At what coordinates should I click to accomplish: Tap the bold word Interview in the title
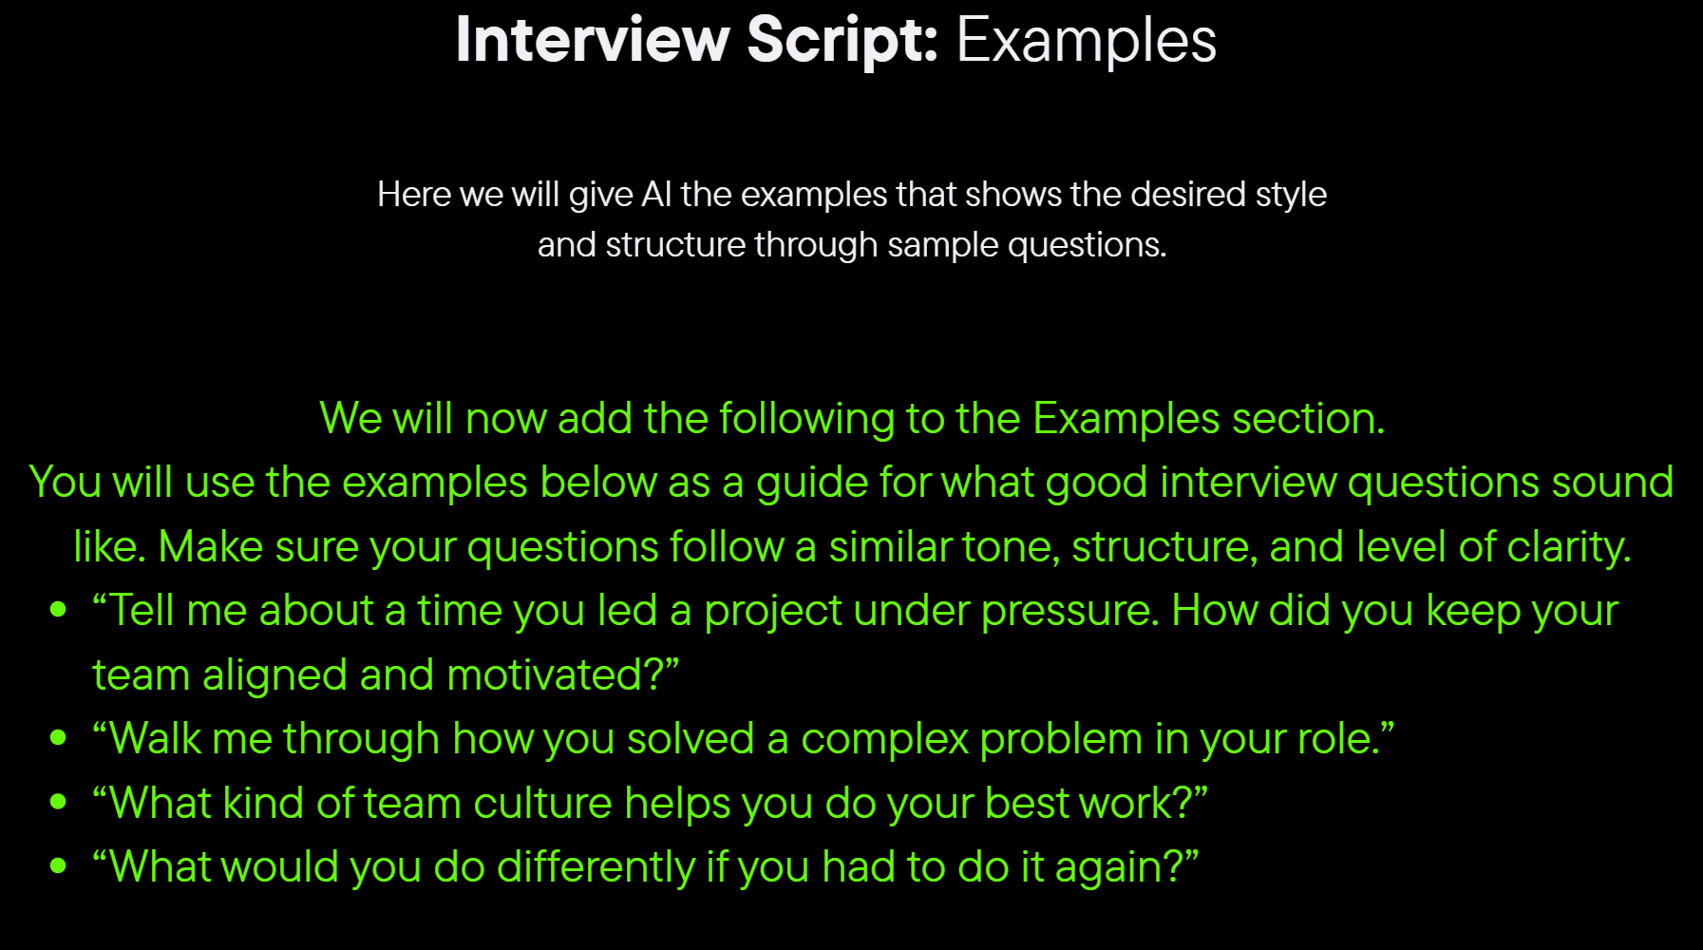click(593, 40)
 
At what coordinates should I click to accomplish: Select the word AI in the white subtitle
click(656, 194)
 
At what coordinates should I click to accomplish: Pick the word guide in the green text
click(811, 484)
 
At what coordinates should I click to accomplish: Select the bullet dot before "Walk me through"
click(59, 737)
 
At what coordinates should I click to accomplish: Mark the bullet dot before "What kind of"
click(59, 802)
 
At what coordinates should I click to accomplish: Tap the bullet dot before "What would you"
click(59, 865)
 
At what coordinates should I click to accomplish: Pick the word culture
click(542, 804)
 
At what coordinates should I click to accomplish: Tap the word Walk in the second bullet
click(156, 738)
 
